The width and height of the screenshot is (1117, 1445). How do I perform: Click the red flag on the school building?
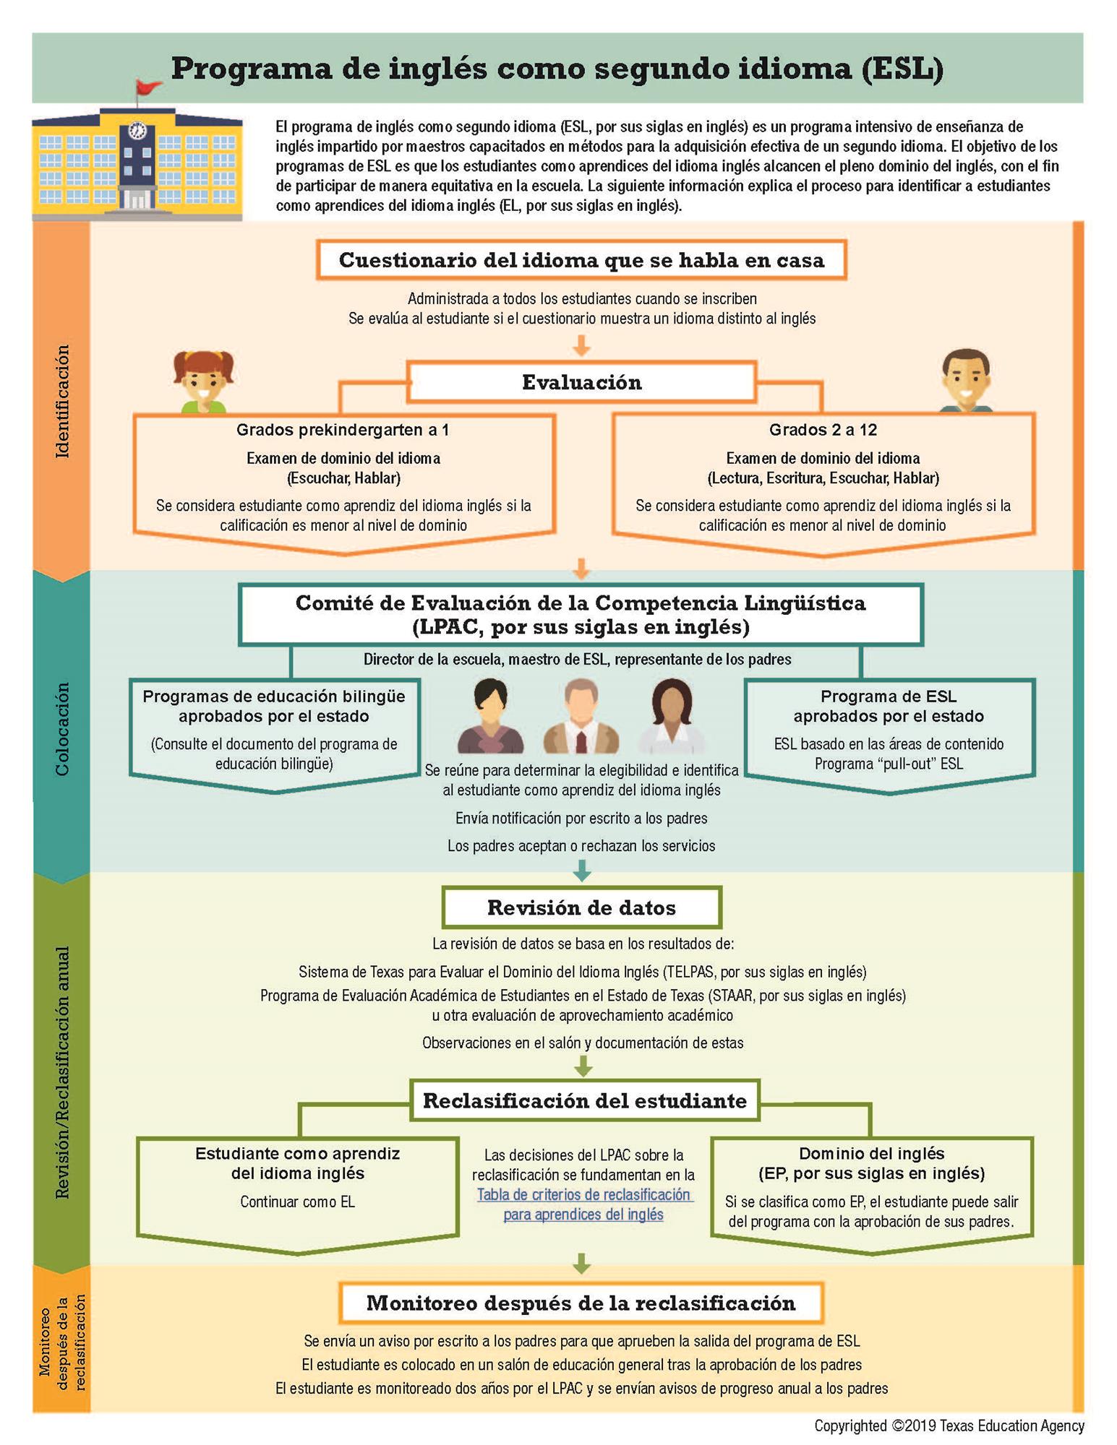point(148,87)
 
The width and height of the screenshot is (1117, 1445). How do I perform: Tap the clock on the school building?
point(137,131)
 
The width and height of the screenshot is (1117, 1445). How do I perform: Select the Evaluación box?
point(581,382)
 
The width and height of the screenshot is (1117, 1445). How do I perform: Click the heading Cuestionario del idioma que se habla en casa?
point(581,260)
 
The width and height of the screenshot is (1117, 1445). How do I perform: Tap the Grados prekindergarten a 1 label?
point(343,430)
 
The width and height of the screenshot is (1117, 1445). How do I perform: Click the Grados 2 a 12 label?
point(823,430)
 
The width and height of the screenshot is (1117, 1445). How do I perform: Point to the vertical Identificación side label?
point(63,401)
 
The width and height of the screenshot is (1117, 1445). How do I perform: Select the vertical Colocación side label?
point(63,728)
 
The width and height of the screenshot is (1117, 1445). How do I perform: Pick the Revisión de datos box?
point(581,907)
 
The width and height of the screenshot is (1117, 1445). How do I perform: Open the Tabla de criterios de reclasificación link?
point(583,1204)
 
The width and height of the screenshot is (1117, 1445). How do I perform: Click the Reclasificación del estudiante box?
point(584,1100)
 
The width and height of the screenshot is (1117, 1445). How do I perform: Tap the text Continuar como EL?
point(298,1202)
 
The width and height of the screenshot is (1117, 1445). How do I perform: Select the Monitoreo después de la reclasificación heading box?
point(581,1303)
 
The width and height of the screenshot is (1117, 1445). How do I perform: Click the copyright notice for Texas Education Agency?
point(949,1425)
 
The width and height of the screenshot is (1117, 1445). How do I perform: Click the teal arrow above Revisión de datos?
point(582,871)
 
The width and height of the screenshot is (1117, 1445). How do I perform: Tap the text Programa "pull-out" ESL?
point(889,764)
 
